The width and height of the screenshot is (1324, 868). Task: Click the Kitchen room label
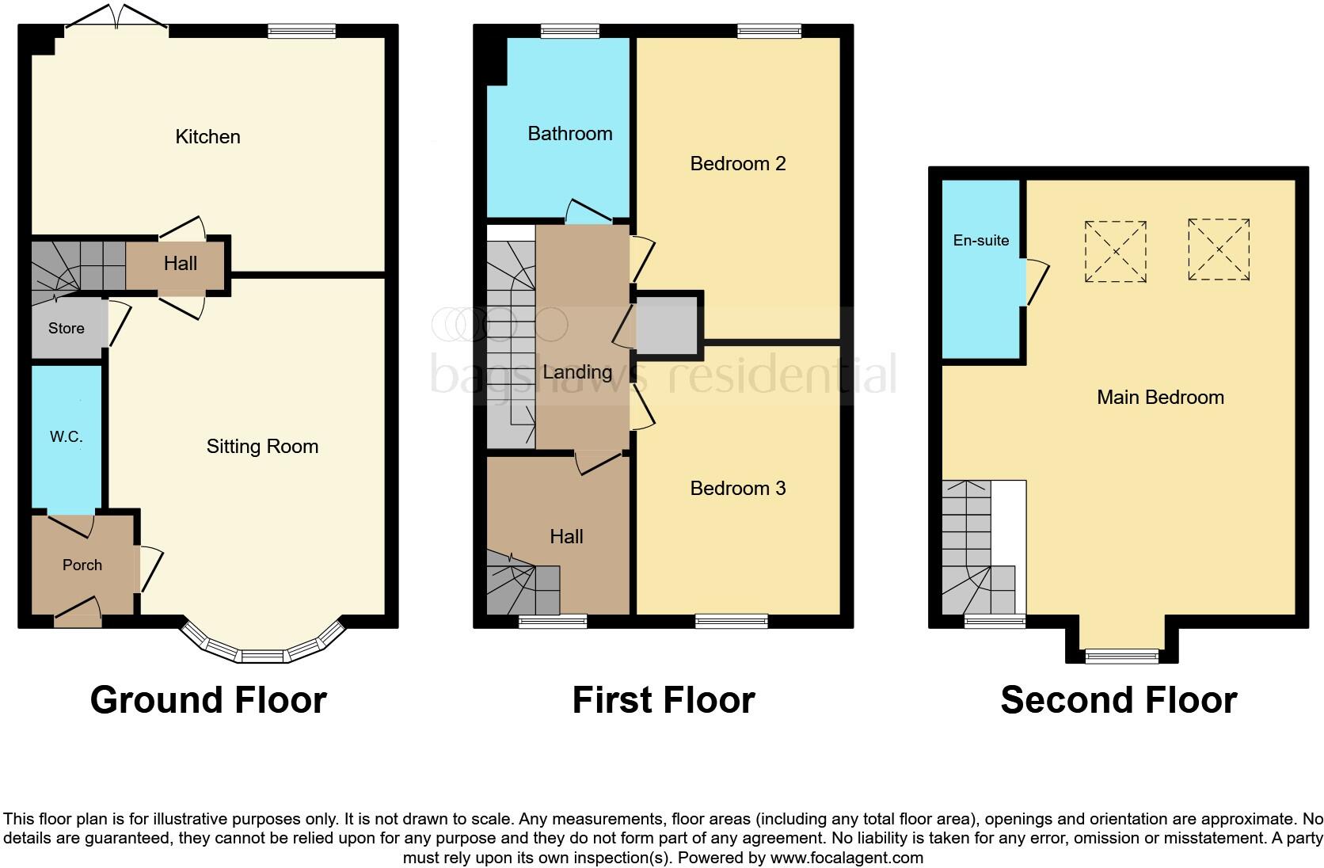click(207, 137)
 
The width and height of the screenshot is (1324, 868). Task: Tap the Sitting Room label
click(262, 447)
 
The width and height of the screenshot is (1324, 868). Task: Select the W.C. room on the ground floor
click(67, 437)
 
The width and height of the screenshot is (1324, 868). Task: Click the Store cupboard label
click(67, 329)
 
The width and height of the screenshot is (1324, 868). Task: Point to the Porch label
click(82, 565)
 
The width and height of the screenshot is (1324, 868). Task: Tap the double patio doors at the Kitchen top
click(116, 20)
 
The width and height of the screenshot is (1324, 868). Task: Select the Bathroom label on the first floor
click(570, 134)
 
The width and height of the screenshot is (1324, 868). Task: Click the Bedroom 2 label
click(737, 164)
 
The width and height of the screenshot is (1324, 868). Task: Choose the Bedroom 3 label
click(737, 489)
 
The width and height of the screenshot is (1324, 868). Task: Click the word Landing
click(577, 372)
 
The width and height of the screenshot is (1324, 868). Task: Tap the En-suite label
click(981, 241)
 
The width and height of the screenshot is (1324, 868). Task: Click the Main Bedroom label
click(1160, 398)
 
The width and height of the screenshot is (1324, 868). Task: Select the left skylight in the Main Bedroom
click(1116, 251)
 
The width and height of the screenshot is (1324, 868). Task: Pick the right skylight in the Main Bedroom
click(1219, 249)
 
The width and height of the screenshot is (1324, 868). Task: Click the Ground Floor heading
click(208, 700)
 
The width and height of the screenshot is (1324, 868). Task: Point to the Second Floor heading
click(1118, 700)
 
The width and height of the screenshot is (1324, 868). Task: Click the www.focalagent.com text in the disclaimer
click(847, 857)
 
